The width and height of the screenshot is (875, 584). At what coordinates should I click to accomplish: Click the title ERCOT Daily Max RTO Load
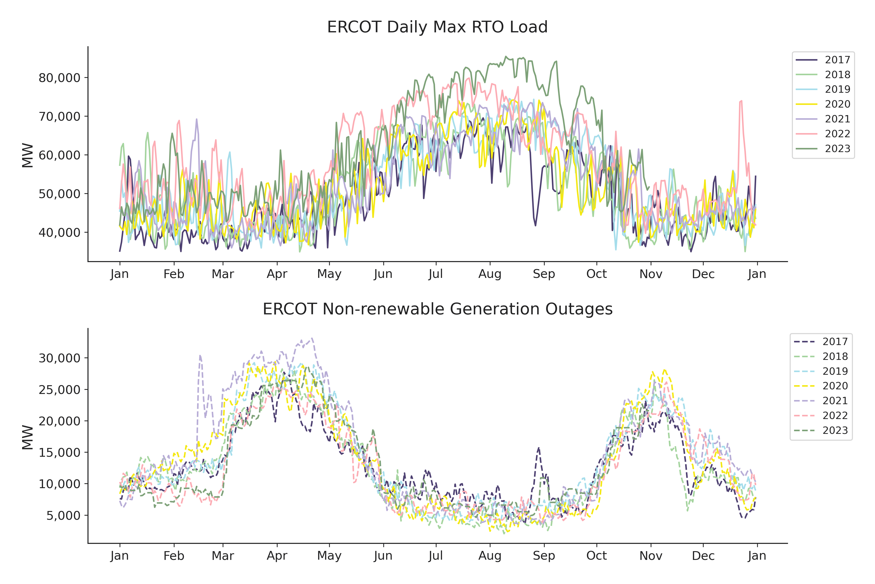(437, 27)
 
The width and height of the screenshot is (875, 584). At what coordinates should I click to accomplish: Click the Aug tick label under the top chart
(490, 274)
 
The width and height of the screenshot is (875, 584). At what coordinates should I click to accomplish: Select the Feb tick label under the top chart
(174, 274)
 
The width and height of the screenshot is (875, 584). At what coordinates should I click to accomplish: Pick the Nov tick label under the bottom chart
(651, 556)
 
